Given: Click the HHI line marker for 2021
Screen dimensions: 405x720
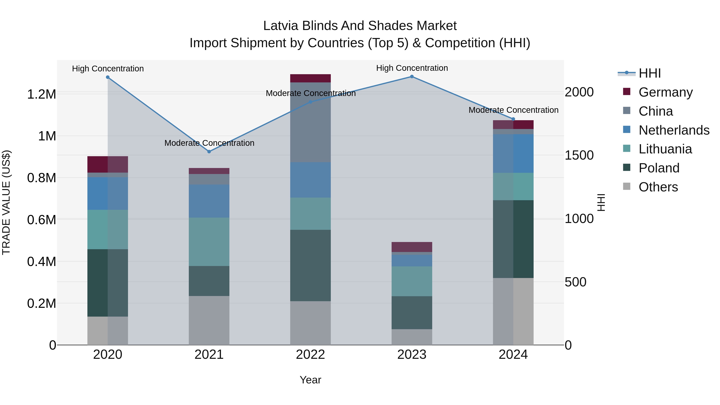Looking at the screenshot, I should [209, 151].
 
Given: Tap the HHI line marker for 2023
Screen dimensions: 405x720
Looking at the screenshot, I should [412, 77].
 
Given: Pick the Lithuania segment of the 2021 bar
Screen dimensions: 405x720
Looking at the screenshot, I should [209, 242].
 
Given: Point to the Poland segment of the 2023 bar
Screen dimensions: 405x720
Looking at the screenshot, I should [412, 312].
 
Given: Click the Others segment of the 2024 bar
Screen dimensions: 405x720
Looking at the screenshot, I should [513, 311].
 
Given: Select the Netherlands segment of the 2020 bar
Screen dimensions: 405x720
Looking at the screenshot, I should [108, 193].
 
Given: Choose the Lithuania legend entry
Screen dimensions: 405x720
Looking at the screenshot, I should [665, 149].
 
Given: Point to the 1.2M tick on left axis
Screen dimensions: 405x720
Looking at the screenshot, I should [41, 94].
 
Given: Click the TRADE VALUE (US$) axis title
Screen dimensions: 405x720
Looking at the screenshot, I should [6, 202].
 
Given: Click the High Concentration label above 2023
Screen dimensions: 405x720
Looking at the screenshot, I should [412, 68].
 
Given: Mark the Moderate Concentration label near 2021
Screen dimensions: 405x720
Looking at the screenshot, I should [209, 143].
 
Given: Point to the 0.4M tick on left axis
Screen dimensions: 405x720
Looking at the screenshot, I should [41, 262].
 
